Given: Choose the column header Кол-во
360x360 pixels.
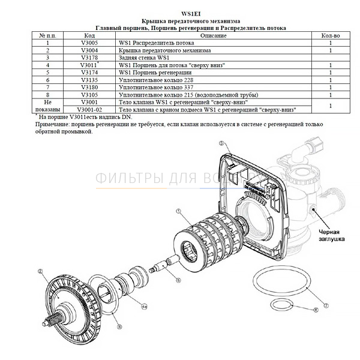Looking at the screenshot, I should [331, 36].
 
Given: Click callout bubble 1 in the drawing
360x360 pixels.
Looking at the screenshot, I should [178, 212].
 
